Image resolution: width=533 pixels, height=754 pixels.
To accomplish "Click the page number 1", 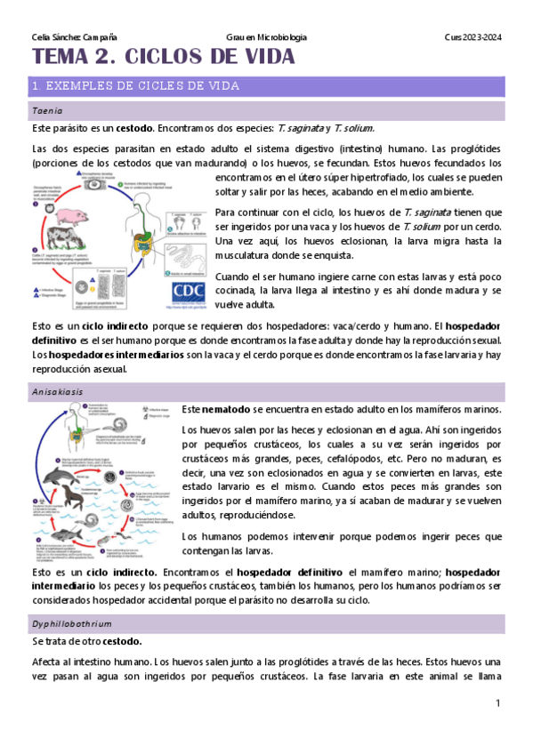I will click(x=498, y=703).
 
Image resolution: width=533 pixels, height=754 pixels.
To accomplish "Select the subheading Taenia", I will click(x=47, y=111).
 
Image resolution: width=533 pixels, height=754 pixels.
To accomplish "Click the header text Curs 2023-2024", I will click(x=472, y=37).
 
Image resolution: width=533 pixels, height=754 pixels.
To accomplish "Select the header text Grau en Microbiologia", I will click(x=267, y=37).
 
